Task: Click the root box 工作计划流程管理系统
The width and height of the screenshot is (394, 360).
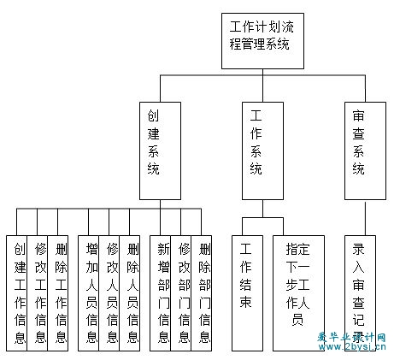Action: pos(262,41)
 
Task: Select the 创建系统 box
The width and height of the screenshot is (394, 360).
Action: pos(160,150)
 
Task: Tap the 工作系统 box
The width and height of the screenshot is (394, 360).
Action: pos(262,150)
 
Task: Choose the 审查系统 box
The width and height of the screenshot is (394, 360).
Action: pos(365,150)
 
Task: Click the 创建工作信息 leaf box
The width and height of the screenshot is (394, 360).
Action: pos(17,293)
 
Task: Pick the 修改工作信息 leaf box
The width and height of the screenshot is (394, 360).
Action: pos(38,293)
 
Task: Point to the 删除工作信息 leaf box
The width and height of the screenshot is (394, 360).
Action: pos(58,293)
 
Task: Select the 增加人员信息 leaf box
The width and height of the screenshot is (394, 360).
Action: pos(89,293)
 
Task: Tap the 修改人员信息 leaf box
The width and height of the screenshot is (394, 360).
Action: pos(109,293)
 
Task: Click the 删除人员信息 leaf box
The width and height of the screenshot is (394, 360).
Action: pos(130,293)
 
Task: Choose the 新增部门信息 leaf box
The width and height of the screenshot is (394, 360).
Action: pos(161,293)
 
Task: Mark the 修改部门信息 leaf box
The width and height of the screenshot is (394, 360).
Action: pos(181,293)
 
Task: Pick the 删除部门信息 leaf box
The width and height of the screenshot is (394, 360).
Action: pos(202,293)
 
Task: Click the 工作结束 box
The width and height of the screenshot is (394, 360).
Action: pos(247,293)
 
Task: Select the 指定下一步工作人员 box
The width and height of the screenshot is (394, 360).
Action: pos(298,293)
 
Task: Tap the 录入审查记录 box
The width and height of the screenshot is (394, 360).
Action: pos(360,293)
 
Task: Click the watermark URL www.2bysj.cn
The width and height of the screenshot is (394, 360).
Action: pos(352,347)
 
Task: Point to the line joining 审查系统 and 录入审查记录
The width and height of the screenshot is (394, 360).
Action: pos(365,219)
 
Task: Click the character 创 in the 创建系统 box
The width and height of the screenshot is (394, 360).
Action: pos(153,115)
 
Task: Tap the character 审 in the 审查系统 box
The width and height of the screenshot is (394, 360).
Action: pos(358,115)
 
